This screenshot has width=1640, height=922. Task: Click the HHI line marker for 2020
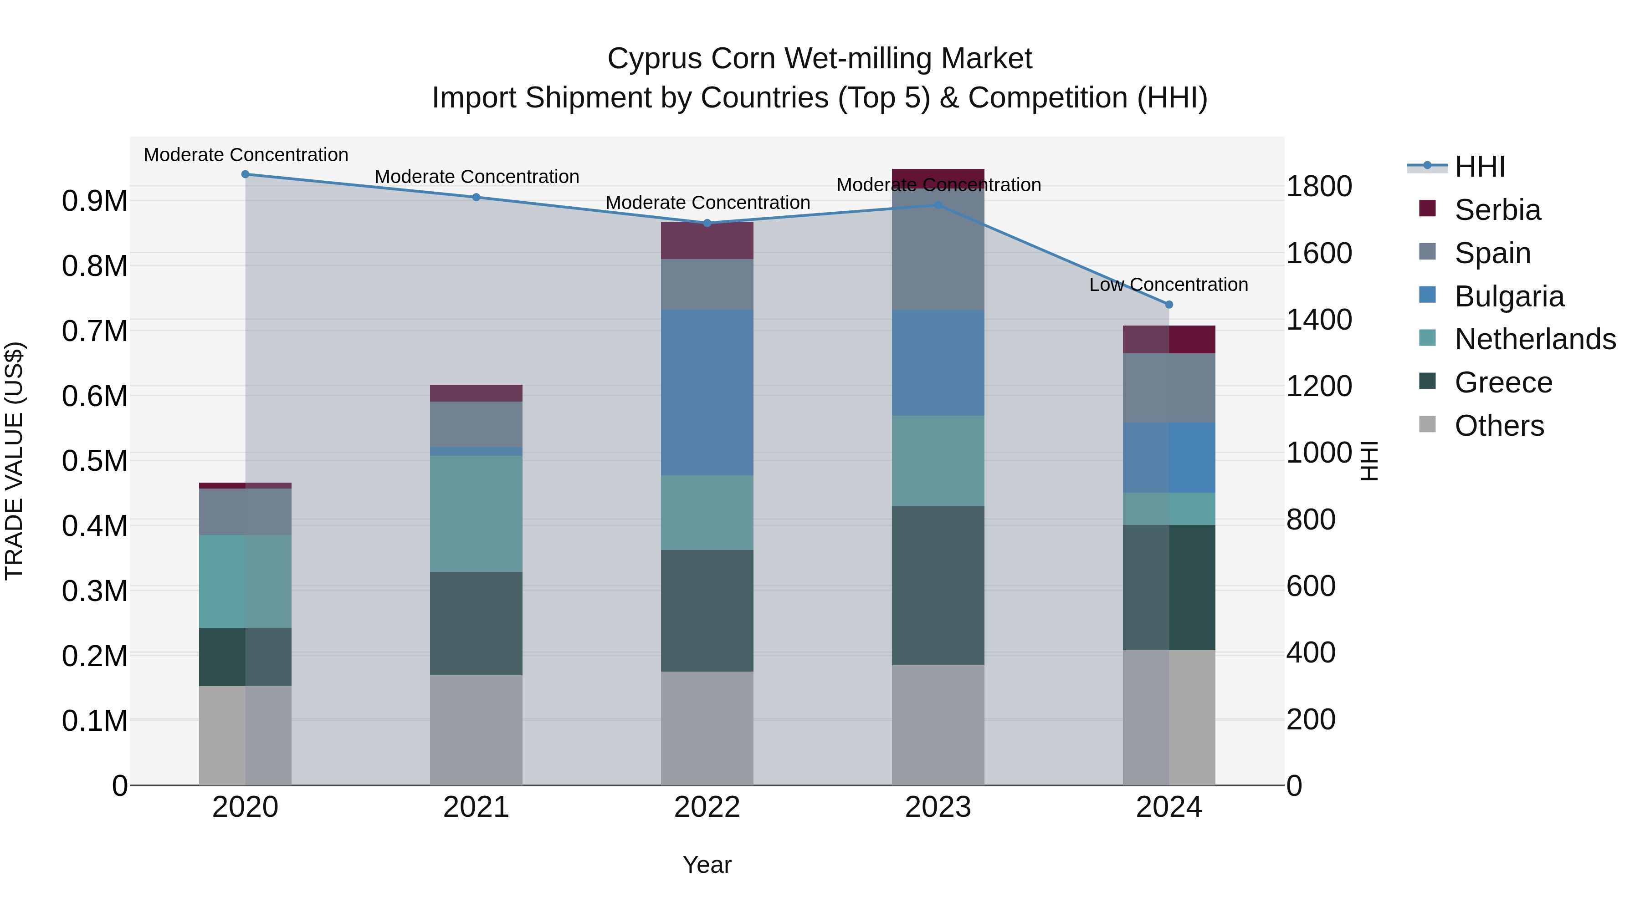[x=245, y=174]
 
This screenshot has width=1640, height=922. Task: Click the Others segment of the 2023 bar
[x=938, y=725]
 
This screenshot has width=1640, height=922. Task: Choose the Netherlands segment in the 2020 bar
[x=245, y=581]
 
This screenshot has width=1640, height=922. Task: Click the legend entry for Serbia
[x=1497, y=209]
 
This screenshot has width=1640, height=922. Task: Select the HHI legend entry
[x=1479, y=167]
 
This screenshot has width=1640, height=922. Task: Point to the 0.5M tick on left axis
[x=94, y=461]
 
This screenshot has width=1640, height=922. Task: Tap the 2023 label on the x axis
[x=938, y=807]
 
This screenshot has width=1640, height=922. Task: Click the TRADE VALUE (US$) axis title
[x=14, y=461]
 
